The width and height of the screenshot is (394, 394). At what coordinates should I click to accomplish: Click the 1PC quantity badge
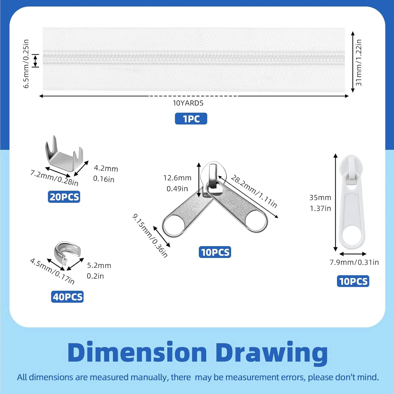191,119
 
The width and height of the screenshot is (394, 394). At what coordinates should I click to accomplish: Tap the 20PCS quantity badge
64,197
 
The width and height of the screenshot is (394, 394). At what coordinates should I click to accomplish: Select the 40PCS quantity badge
67,297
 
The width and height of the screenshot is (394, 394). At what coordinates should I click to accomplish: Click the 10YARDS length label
188,103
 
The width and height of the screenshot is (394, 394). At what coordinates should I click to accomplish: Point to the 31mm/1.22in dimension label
359,63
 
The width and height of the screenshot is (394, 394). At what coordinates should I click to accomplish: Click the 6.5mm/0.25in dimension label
26,64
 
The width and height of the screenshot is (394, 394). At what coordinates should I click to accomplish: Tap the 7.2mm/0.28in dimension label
54,178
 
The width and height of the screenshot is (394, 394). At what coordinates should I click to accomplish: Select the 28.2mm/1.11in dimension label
254,191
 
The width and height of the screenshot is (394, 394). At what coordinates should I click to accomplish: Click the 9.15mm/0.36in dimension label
150,235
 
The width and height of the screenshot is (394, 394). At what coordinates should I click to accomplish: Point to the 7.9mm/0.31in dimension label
354,262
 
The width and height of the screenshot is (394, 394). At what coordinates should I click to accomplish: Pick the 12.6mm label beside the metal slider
177,178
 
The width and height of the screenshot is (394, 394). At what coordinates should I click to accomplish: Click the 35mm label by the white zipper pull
320,198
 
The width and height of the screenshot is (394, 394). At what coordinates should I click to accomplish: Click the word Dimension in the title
137,352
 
